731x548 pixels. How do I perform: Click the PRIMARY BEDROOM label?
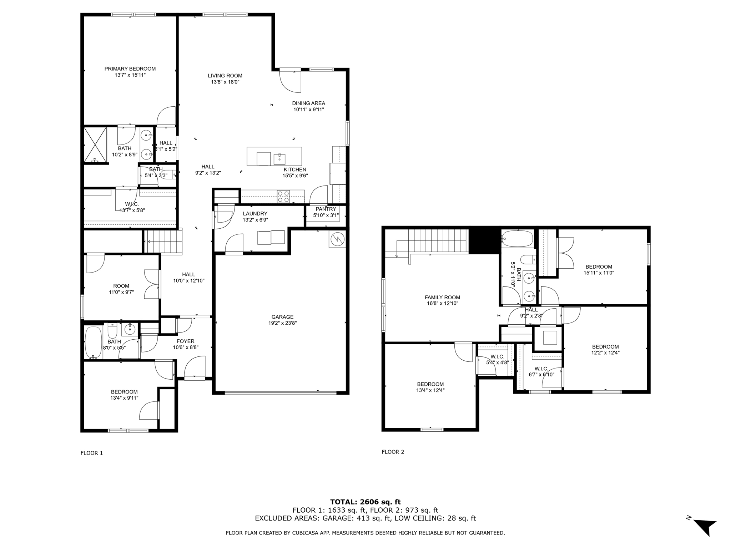click(130, 69)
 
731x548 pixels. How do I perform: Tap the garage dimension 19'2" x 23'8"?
click(282, 323)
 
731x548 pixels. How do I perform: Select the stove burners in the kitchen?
click(284, 197)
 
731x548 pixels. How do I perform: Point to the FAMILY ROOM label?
click(442, 297)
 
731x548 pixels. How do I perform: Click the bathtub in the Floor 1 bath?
click(94, 342)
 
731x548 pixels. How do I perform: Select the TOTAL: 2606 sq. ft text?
click(365, 502)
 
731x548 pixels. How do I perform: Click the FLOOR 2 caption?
click(393, 452)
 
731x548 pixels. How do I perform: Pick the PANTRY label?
click(326, 209)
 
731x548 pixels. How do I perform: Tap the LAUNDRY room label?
click(255, 214)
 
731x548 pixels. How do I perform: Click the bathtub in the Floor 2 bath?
click(517, 239)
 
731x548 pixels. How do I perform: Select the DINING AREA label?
click(308, 103)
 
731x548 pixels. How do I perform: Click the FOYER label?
click(185, 341)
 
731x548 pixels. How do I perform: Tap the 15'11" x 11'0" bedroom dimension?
click(599, 273)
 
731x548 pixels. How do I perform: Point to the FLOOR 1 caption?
click(91, 453)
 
